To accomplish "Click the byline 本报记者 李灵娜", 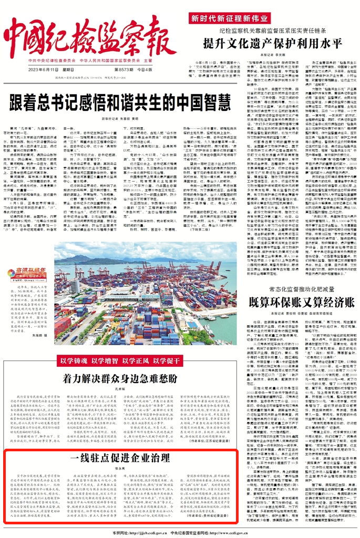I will point(269,54).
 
